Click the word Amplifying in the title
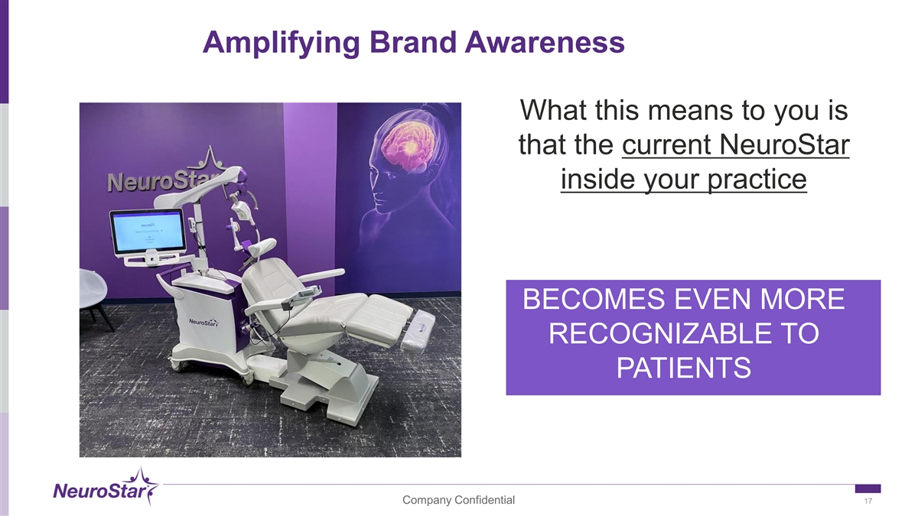point(282,43)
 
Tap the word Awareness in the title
point(545,42)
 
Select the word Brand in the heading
point(412,42)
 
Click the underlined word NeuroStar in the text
point(784,144)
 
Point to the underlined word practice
point(757,180)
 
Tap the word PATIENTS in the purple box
point(684,368)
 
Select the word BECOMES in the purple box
point(594,299)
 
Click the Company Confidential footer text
point(458,500)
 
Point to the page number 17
point(868,501)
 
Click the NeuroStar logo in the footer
point(106,488)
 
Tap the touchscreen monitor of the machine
point(148,232)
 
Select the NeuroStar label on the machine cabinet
point(203,323)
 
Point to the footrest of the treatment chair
point(418,330)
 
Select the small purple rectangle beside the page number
point(868,488)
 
